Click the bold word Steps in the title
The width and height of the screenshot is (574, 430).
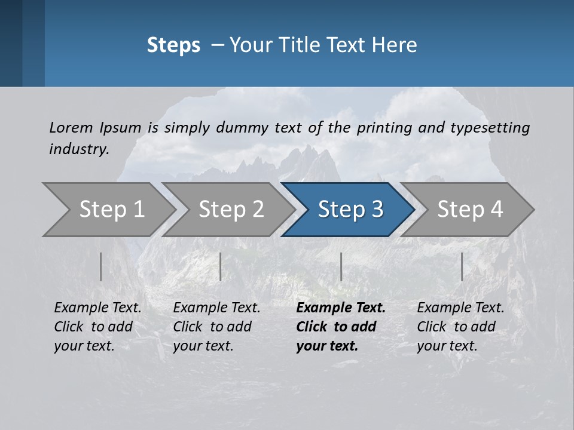coord(173,45)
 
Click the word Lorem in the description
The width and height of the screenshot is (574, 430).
coord(70,127)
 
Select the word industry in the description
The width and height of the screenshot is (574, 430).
coord(78,149)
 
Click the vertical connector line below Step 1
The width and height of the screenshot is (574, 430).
coord(101,266)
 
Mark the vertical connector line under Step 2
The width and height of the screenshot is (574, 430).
coord(221,266)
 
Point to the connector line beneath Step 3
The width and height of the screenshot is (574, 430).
coord(341,266)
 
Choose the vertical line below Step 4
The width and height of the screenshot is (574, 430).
coord(462,266)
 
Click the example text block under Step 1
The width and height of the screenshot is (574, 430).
coord(97,327)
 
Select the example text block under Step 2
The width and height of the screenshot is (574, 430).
coord(216,327)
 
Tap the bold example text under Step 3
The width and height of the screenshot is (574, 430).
coord(340,327)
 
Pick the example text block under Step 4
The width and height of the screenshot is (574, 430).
coord(460,327)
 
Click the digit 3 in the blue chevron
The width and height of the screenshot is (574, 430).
coord(376,210)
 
